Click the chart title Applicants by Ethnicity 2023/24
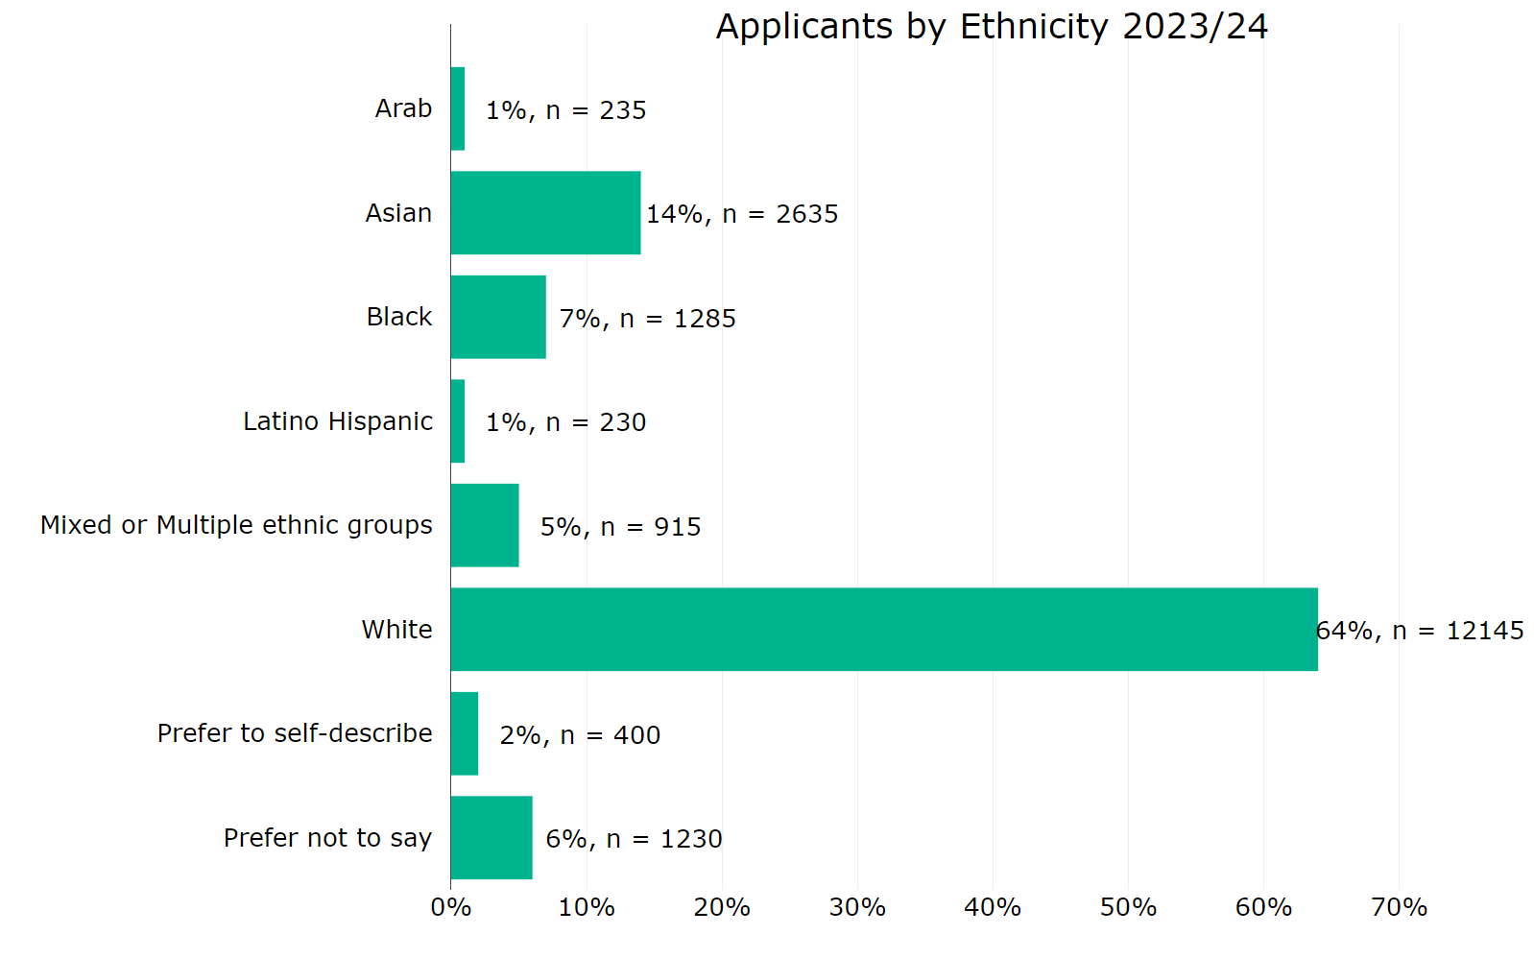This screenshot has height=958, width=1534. [x=991, y=27]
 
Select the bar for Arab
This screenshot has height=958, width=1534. [x=458, y=108]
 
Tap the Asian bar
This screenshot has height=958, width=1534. [x=545, y=213]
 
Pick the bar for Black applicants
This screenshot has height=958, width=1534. [x=498, y=317]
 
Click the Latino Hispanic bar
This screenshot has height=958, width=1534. [x=458, y=421]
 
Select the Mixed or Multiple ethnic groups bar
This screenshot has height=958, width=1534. [x=485, y=525]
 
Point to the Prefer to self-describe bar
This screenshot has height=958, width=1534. [x=465, y=733]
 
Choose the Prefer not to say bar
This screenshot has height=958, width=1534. [x=491, y=837]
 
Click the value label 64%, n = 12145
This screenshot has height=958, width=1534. [x=1419, y=631]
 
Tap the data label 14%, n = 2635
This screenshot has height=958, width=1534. [x=742, y=214]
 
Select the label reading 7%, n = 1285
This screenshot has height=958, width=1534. [x=647, y=319]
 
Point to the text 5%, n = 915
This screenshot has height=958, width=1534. [x=620, y=527]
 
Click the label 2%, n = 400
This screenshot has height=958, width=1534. [x=580, y=735]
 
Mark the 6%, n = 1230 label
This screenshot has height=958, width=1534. [x=634, y=839]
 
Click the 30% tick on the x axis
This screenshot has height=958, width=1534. [x=857, y=907]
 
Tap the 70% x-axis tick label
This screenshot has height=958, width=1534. [x=1399, y=907]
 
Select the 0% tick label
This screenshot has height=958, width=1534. [x=451, y=907]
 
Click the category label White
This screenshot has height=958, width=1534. [x=396, y=630]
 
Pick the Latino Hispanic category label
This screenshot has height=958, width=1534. [x=337, y=421]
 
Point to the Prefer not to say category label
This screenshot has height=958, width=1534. [x=327, y=838]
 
